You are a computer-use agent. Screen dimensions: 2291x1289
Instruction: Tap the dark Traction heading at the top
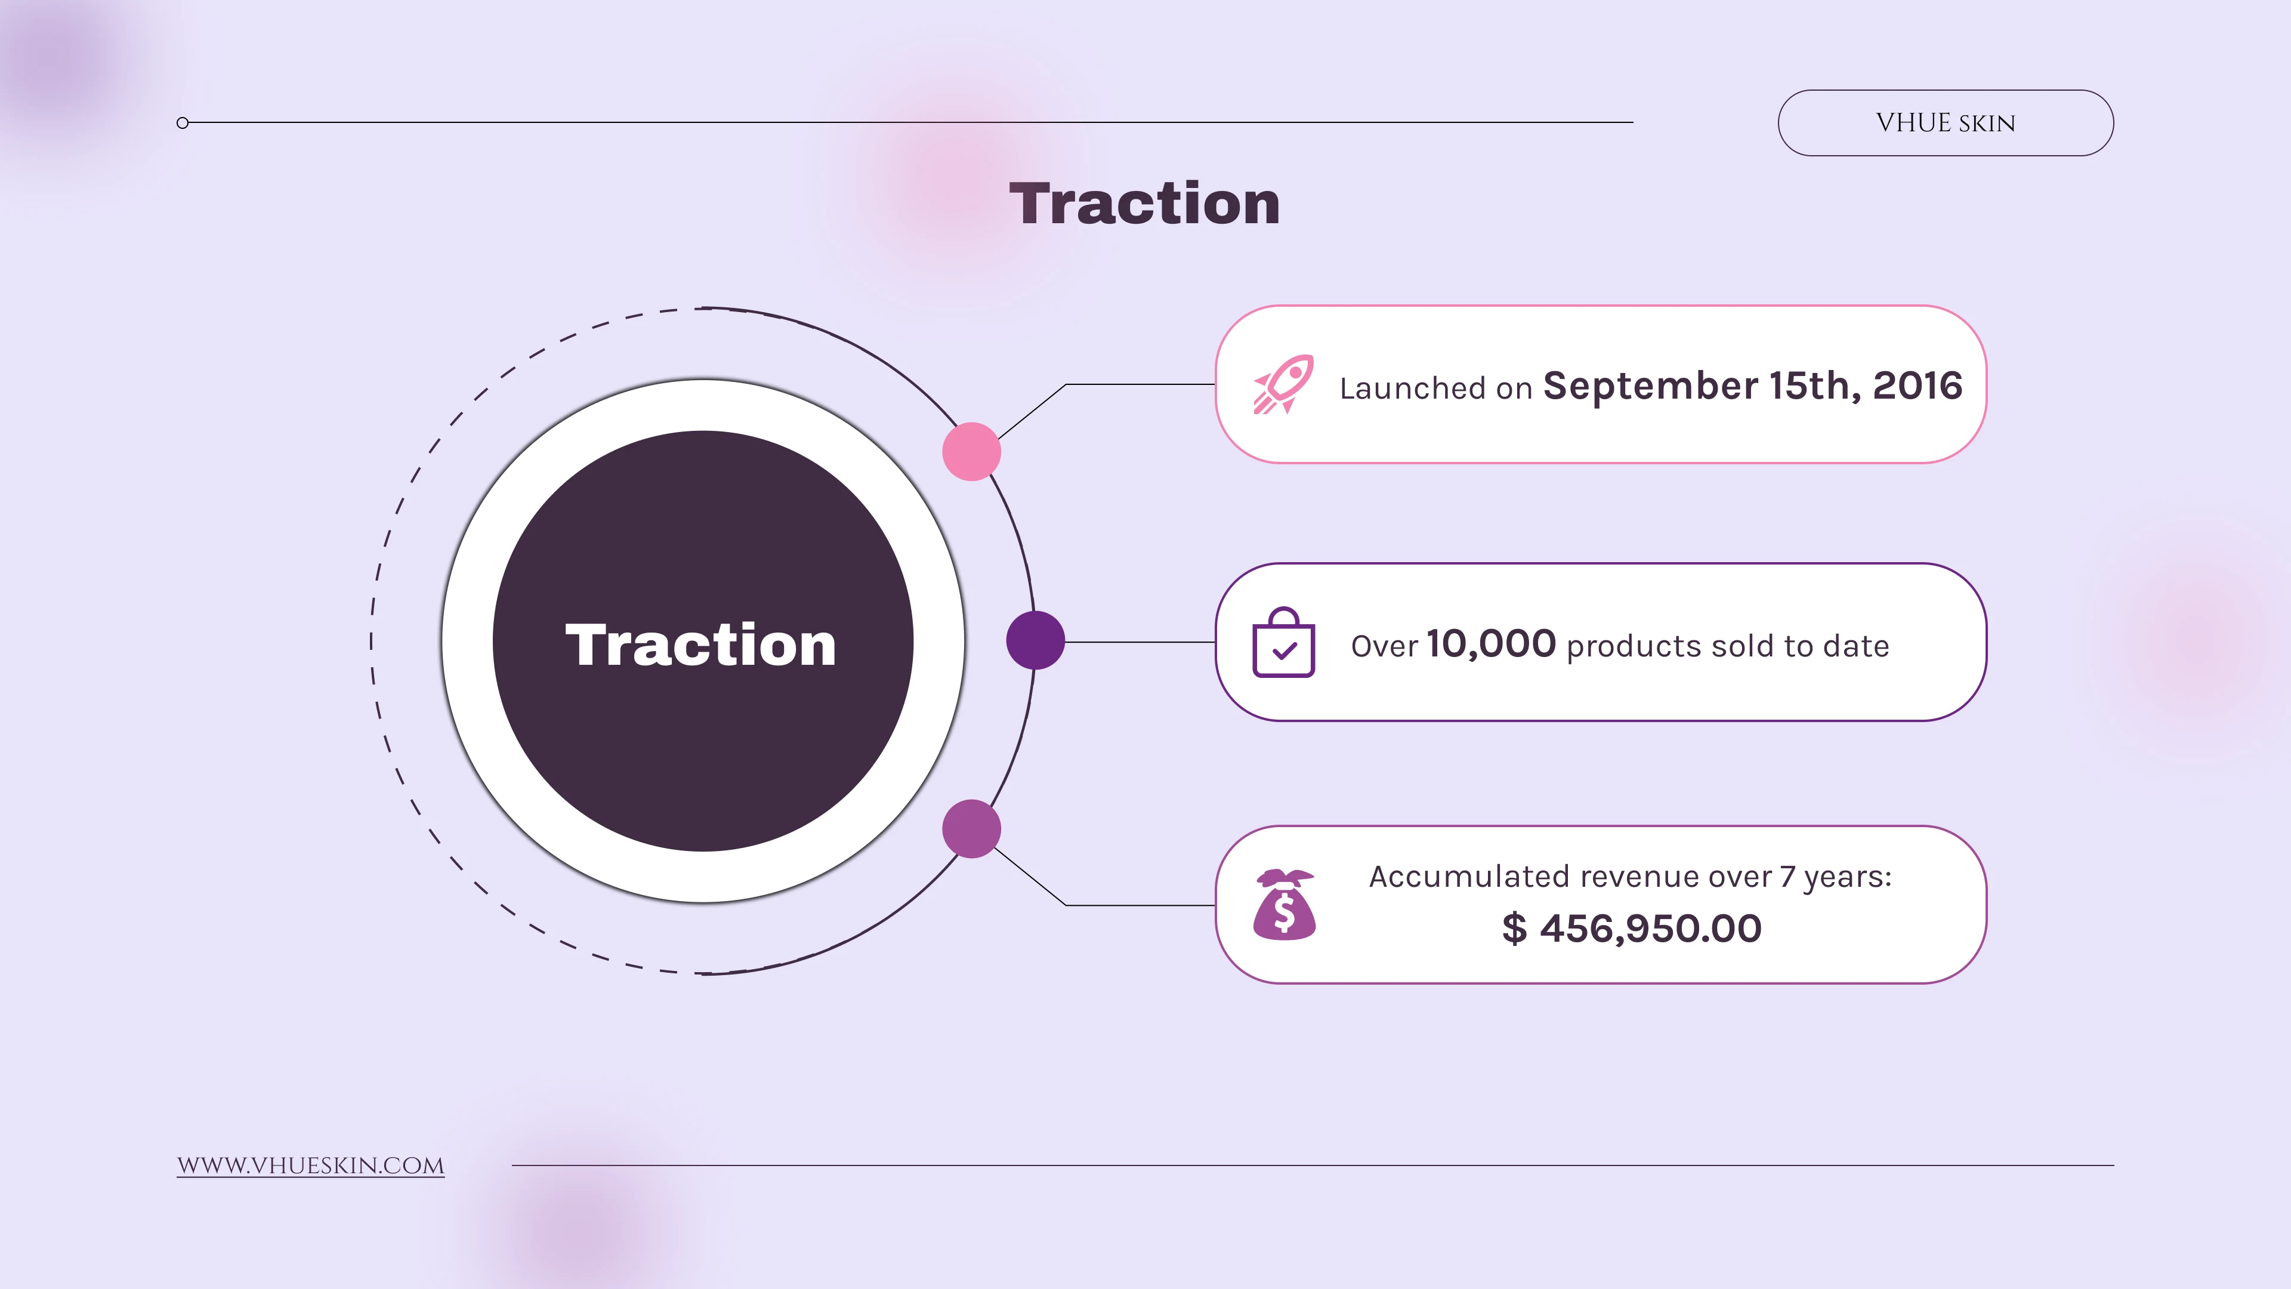[1145, 203]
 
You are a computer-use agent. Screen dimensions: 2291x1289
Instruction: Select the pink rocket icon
[1283, 384]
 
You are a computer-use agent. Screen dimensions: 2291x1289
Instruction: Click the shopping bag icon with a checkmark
[1283, 642]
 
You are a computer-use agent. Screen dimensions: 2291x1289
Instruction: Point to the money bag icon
[1285, 904]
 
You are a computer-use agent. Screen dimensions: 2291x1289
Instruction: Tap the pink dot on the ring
[971, 452]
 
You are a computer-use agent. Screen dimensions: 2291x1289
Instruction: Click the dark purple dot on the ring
[1035, 640]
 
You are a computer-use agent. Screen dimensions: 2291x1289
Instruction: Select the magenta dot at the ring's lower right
[971, 829]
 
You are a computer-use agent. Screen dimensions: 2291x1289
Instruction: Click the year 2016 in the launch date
[1918, 386]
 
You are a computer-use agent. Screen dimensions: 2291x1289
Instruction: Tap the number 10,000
[1492, 644]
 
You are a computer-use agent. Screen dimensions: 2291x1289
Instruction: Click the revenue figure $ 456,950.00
[1632, 929]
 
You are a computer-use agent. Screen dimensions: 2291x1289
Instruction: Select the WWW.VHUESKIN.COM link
[310, 1165]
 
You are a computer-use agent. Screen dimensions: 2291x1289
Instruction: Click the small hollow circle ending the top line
[183, 123]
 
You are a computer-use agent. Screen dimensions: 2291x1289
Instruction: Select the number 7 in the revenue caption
[1787, 877]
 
